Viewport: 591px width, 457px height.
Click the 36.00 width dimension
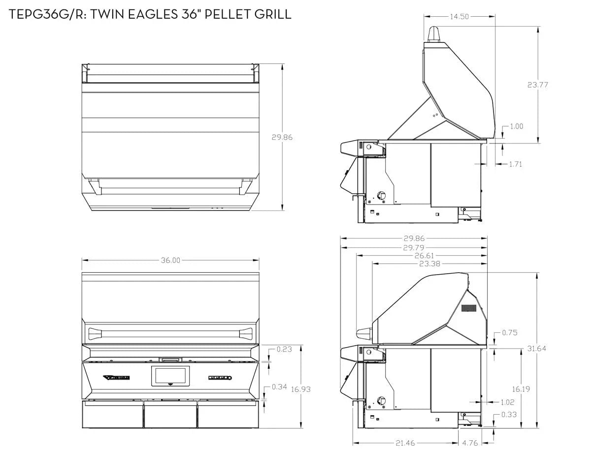(170, 260)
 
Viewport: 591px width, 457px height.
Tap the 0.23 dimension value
(284, 349)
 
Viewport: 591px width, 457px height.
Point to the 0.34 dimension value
(279, 387)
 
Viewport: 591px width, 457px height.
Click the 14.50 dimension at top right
(459, 16)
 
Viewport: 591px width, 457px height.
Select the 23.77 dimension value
(538, 84)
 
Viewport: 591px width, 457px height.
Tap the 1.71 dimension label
(515, 164)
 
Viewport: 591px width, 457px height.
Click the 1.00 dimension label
(516, 126)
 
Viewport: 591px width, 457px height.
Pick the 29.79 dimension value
(414, 247)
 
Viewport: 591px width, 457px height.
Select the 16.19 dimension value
(521, 388)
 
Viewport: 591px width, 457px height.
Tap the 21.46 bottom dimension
(405, 443)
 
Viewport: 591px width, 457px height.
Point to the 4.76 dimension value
(470, 443)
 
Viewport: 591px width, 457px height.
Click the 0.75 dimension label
(510, 332)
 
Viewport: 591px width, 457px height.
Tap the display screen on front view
(170, 376)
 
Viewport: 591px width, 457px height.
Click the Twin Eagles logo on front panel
(117, 378)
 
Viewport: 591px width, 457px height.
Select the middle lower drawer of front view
(170, 415)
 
